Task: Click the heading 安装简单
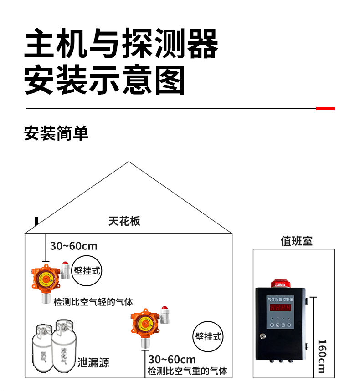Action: (x=56, y=133)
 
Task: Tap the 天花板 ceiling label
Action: (x=124, y=221)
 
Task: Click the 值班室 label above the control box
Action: (x=296, y=240)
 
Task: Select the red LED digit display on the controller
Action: (x=280, y=307)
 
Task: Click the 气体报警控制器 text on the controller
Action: (x=280, y=299)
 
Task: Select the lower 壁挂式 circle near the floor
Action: (x=208, y=337)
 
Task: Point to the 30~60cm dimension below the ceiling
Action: (x=74, y=246)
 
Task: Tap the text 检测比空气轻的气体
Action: (x=93, y=302)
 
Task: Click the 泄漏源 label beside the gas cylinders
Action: (x=93, y=363)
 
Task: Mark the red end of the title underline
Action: (x=325, y=109)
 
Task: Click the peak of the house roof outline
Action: (x=129, y=162)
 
